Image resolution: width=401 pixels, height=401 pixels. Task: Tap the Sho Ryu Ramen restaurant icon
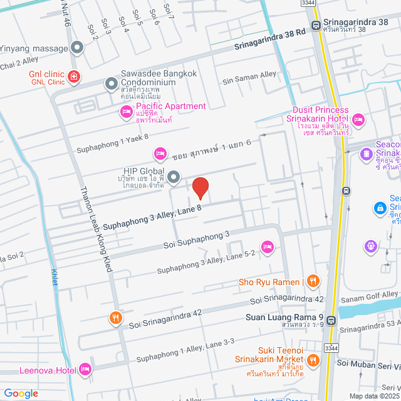pyautogui.click(x=314, y=281)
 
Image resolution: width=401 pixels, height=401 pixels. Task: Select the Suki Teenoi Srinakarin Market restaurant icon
pyautogui.click(x=314, y=360)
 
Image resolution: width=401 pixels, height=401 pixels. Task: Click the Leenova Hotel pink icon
pyautogui.click(x=85, y=370)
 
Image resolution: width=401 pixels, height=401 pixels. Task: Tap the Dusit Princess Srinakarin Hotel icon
pyautogui.click(x=358, y=119)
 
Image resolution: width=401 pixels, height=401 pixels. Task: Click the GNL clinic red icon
pyautogui.click(x=75, y=77)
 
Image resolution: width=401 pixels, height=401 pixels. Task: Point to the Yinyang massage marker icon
pyautogui.click(x=77, y=47)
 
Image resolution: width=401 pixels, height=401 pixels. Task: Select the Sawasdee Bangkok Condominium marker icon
pyautogui.click(x=111, y=83)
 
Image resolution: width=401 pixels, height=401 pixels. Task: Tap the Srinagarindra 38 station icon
pyautogui.click(x=315, y=27)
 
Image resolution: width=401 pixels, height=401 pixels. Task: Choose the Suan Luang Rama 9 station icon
pyautogui.click(x=331, y=320)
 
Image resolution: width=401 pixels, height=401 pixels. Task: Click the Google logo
pyautogui.click(x=21, y=393)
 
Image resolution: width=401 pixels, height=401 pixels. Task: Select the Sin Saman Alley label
pyautogui.click(x=250, y=75)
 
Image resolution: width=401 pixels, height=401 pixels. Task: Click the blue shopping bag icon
pyautogui.click(x=378, y=207)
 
